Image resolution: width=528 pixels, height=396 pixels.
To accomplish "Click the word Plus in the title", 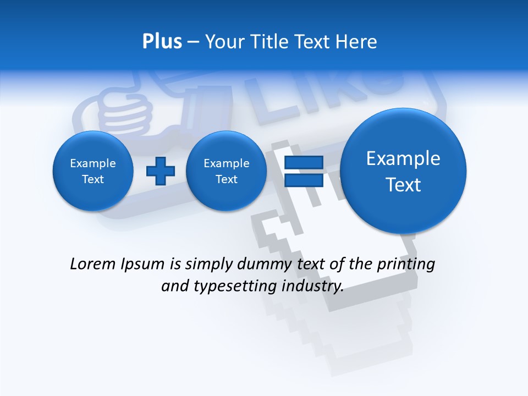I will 162,42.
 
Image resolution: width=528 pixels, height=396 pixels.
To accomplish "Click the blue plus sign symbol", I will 160,171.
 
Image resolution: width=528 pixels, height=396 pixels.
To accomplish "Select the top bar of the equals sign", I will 303,163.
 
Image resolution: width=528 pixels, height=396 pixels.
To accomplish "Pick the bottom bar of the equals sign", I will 303,180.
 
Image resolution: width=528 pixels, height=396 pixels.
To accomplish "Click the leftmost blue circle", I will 93,171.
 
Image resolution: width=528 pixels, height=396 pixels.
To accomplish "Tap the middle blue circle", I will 226,171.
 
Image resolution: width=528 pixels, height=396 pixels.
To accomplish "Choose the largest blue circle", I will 403,171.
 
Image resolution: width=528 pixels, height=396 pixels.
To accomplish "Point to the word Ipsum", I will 144,265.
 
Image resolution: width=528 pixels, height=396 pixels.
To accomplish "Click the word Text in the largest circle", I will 403,185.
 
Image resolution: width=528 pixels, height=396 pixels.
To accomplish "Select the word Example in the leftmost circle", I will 93,163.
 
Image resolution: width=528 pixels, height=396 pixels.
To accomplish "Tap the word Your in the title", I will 223,42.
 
